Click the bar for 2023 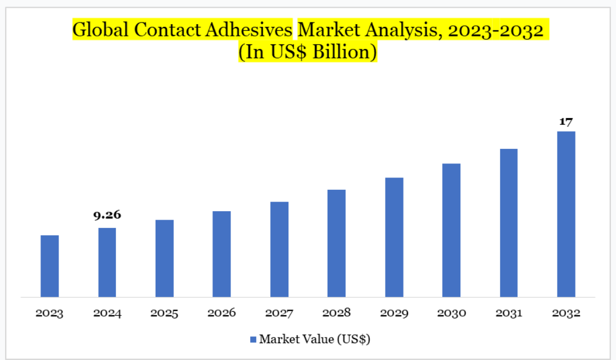tap(49, 266)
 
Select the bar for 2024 tap(107, 262)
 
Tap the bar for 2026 tap(221, 254)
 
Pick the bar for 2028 tap(336, 243)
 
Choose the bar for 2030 tap(451, 230)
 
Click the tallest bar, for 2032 tap(566, 214)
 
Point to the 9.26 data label tap(107, 215)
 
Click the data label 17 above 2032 tap(565, 121)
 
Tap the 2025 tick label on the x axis tap(164, 313)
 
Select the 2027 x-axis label tap(279, 313)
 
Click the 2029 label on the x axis tap(394, 313)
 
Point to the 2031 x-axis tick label tap(509, 313)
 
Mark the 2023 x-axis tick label tap(49, 313)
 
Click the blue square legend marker tap(253, 339)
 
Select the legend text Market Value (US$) tap(314, 339)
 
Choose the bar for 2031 tap(509, 222)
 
